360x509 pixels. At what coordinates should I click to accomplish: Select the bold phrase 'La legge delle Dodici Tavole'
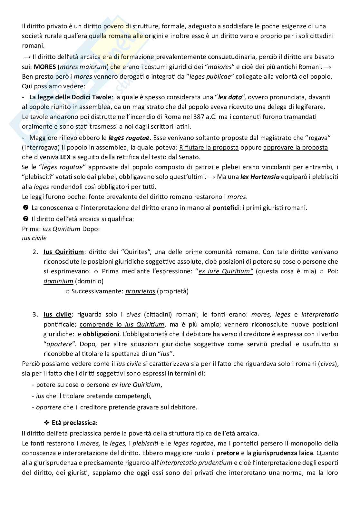click(70, 97)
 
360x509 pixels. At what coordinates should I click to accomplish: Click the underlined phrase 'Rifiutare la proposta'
click(209, 148)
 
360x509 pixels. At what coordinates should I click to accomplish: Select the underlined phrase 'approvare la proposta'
click(296, 148)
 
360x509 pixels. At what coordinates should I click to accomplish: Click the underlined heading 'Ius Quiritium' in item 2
click(63, 252)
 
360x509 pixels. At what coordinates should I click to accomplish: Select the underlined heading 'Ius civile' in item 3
click(57, 314)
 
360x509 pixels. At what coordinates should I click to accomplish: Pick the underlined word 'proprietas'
click(140, 291)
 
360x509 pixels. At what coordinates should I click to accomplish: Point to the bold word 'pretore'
click(228, 453)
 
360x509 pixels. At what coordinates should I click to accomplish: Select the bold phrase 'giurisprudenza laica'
click(283, 453)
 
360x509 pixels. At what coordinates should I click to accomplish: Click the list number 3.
click(35, 314)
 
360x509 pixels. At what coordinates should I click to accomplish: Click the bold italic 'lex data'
click(230, 97)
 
